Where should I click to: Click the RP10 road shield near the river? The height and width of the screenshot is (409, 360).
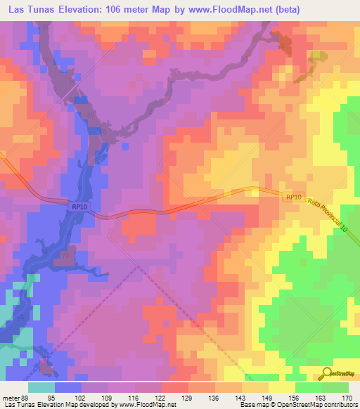click(x=79, y=207)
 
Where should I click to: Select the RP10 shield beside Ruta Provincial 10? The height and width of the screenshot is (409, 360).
click(x=293, y=198)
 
